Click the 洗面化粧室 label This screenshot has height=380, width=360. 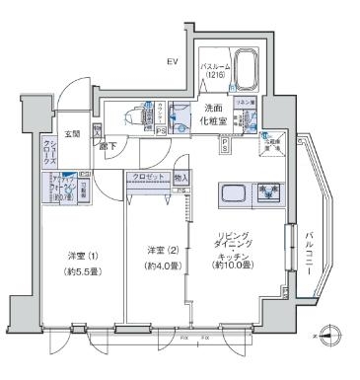tap(214, 114)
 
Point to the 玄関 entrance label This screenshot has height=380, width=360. tap(73, 133)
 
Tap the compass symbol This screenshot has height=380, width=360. tap(330, 336)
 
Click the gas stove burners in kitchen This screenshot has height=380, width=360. tap(268, 191)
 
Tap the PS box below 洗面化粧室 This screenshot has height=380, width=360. tap(225, 145)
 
